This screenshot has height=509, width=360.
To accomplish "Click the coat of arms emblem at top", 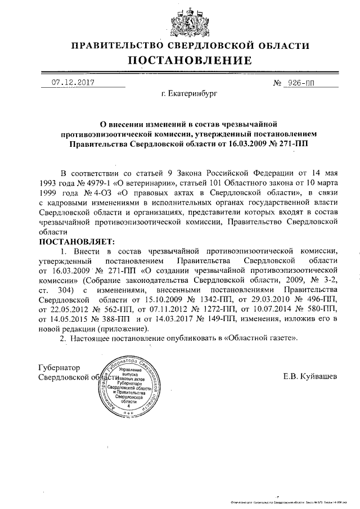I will (181, 22).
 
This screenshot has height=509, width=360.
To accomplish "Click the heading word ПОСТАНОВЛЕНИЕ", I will (181, 61).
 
